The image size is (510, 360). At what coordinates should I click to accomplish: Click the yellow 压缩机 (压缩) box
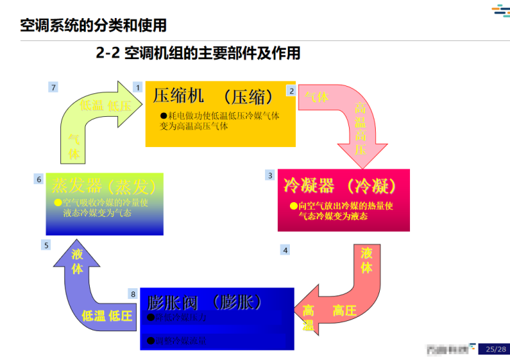[220, 114]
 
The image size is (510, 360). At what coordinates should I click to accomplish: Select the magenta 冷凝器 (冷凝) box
[343, 200]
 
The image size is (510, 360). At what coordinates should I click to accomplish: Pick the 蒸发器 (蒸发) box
[104, 204]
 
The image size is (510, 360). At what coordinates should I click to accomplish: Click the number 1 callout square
[138, 87]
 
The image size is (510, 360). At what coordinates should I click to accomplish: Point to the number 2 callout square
[291, 90]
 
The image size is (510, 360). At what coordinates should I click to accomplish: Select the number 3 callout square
[270, 175]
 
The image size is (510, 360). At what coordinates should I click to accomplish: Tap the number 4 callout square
[285, 250]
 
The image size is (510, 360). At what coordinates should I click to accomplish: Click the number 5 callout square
[46, 245]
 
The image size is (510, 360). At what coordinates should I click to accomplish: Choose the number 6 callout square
[39, 179]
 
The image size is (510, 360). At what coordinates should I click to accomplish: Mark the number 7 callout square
[54, 87]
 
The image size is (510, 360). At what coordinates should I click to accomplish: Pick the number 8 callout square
[134, 294]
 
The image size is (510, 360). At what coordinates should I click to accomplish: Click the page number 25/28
[496, 349]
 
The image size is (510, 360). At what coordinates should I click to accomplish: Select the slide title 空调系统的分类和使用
[93, 26]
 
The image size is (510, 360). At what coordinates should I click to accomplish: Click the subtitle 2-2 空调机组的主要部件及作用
[198, 53]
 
